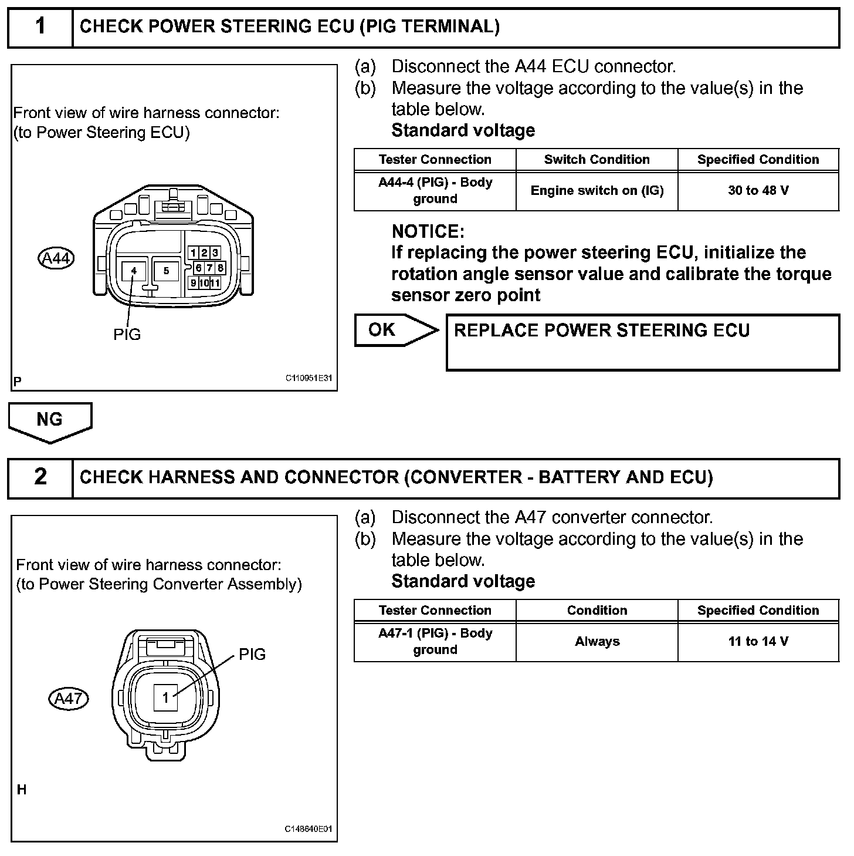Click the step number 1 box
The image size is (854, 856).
click(x=40, y=27)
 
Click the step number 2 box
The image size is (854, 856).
click(x=40, y=478)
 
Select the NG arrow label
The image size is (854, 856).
click(x=50, y=420)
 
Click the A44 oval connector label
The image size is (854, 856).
click(x=56, y=258)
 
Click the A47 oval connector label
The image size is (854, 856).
click(x=68, y=699)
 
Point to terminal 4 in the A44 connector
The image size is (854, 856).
click(x=134, y=271)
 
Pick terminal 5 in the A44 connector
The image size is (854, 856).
click(x=167, y=271)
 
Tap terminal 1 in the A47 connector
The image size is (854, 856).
click(x=166, y=697)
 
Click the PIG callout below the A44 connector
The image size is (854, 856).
click(x=127, y=335)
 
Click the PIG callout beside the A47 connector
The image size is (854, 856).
click(x=252, y=655)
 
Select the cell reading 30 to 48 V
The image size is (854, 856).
click(x=758, y=191)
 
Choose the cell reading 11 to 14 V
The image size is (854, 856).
click(x=758, y=642)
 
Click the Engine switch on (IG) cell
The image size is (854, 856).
click(x=597, y=191)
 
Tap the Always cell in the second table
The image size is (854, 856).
click(x=597, y=642)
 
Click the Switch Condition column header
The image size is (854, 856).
click(x=597, y=160)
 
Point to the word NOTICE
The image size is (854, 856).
click(x=428, y=231)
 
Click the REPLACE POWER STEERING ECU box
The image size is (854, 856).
click(x=642, y=343)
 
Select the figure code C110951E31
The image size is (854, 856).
click(x=309, y=378)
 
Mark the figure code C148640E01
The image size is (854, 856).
click(x=309, y=829)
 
